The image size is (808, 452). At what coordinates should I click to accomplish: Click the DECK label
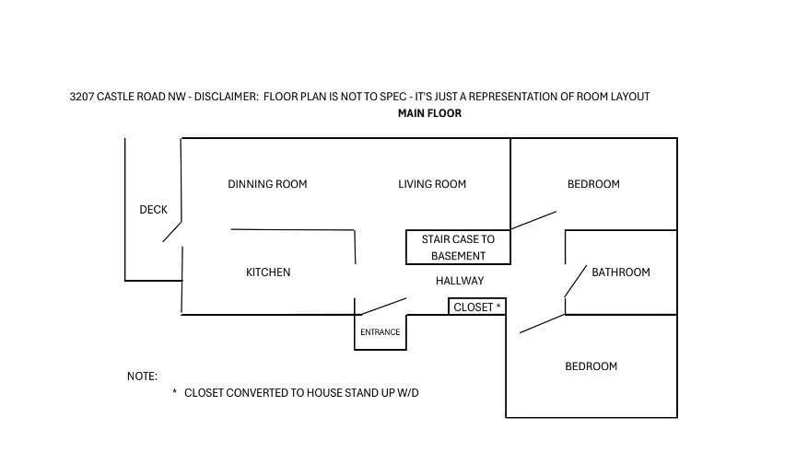(x=154, y=210)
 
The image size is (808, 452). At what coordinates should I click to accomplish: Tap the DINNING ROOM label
(x=267, y=184)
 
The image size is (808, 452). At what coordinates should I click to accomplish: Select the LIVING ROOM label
(x=432, y=184)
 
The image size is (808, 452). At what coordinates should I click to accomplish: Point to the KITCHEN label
(x=268, y=272)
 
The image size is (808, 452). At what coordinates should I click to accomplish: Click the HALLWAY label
(x=460, y=281)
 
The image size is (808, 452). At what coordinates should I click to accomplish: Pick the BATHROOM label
(x=620, y=272)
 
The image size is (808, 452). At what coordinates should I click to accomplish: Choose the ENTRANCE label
(x=381, y=332)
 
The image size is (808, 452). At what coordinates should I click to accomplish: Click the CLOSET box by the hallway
(x=477, y=298)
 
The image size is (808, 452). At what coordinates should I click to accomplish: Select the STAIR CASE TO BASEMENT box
(x=458, y=230)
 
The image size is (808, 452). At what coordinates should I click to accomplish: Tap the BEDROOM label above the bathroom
(x=593, y=184)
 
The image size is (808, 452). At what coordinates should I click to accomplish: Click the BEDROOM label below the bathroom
(x=591, y=366)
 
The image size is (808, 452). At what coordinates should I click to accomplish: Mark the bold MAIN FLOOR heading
(x=429, y=113)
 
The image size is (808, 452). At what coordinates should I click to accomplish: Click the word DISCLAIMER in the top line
(x=227, y=97)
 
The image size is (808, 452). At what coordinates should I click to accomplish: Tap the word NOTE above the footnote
(x=142, y=377)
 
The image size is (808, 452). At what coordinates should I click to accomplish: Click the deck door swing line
(x=172, y=232)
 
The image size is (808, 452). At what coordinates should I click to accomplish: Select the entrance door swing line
(x=384, y=307)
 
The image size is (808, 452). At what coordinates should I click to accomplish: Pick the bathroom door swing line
(x=576, y=281)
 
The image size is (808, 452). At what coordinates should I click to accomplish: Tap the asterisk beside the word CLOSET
(x=498, y=306)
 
